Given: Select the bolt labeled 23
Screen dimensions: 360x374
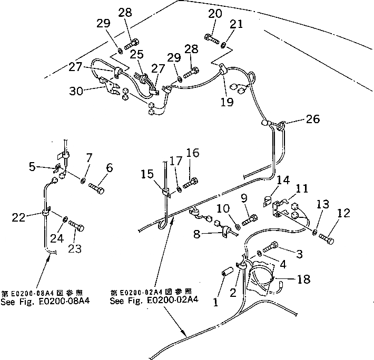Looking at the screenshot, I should pos(76,227).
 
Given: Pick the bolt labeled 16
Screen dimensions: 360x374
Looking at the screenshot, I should pos(191,183).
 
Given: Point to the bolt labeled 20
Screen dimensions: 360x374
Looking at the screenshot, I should pos(212,38).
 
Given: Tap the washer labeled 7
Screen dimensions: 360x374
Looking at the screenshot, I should pos(82,181).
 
